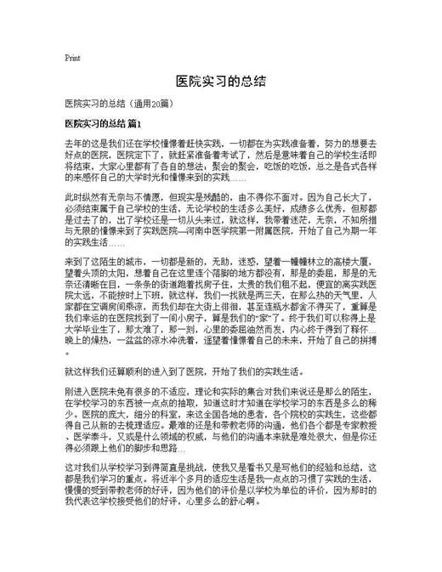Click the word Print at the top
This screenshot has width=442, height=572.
click(x=72, y=59)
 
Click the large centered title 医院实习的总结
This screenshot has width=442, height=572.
click(x=221, y=81)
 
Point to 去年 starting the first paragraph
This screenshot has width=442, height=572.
click(x=73, y=146)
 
